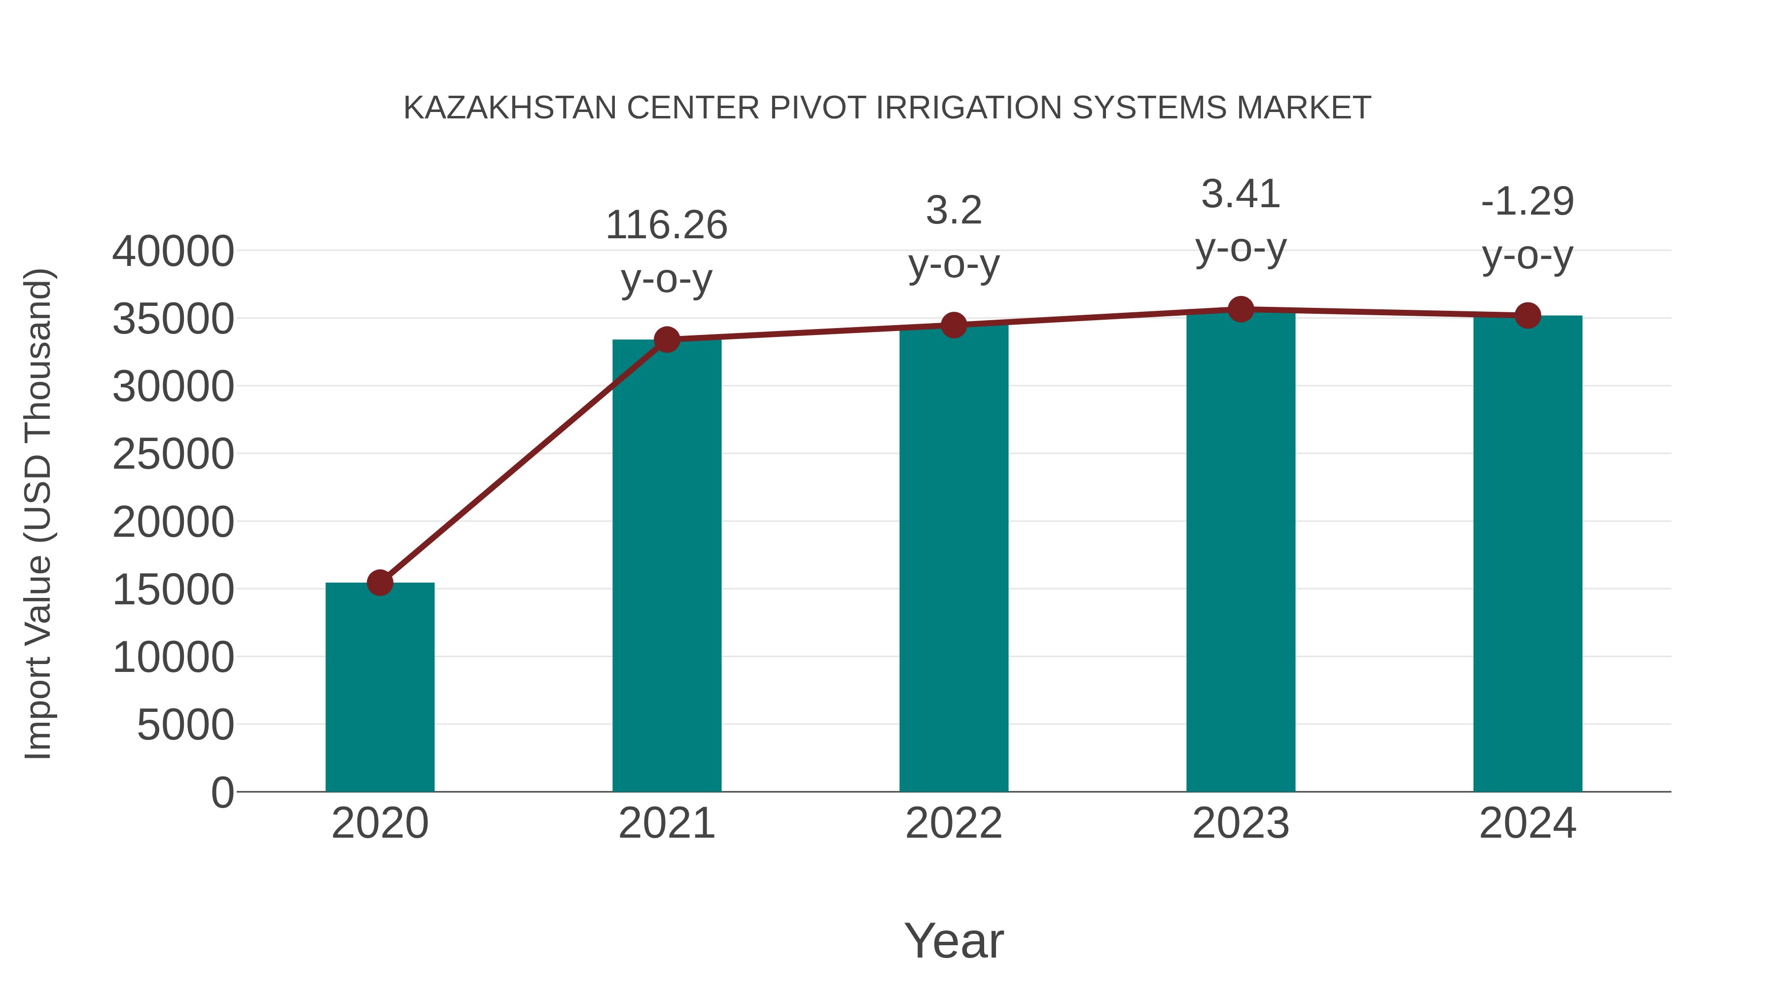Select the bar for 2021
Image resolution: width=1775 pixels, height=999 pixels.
pyautogui.click(x=666, y=565)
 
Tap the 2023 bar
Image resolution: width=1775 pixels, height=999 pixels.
pyautogui.click(x=1241, y=552)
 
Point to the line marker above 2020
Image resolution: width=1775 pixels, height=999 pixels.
pyautogui.click(x=380, y=583)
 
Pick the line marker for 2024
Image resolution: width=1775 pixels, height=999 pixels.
pyautogui.click(x=1527, y=316)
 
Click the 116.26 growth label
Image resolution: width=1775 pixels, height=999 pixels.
pyautogui.click(x=666, y=225)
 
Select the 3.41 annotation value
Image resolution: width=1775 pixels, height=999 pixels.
pyautogui.click(x=1241, y=194)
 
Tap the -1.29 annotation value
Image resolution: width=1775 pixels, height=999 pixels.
pyautogui.click(x=1527, y=201)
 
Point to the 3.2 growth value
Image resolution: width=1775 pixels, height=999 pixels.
pyautogui.click(x=954, y=210)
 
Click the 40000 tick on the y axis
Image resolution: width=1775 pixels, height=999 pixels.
pyautogui.click(x=173, y=252)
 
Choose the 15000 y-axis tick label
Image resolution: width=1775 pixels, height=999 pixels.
pyautogui.click(x=173, y=590)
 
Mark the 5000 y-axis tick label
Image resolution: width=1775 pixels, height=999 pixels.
pyautogui.click(x=185, y=725)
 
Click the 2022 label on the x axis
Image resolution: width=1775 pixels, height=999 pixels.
pyautogui.click(x=954, y=823)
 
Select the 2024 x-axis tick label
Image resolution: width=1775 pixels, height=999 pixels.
pyautogui.click(x=1527, y=823)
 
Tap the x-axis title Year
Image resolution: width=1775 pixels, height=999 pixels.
pyautogui.click(x=954, y=940)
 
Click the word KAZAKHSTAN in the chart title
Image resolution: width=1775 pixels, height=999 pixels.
pyautogui.click(x=510, y=108)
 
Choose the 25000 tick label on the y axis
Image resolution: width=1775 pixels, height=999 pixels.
pyautogui.click(x=173, y=455)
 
